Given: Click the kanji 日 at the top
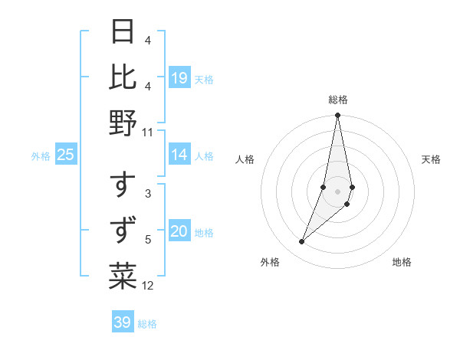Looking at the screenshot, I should tap(123, 32).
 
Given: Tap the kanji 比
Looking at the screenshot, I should tap(123, 77).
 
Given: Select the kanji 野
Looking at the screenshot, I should tap(123, 122).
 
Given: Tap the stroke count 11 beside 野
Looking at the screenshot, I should tap(147, 132).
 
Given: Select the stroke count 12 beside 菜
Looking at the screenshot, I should tap(148, 286).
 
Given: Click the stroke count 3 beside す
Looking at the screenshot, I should tap(148, 195).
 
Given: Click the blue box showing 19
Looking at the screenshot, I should tap(179, 78).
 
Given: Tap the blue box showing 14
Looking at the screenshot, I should tap(179, 155).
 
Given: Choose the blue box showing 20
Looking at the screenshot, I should tap(179, 232).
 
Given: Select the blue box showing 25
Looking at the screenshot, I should tap(66, 155).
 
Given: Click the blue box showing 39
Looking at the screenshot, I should tap(123, 322).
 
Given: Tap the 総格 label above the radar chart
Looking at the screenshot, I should tap(338, 100).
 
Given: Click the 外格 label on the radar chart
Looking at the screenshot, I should tap(270, 263).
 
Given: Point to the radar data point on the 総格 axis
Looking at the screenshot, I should tap(338, 116).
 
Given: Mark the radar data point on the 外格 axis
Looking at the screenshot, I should tap(301, 242).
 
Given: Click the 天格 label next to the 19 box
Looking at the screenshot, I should tap(205, 79).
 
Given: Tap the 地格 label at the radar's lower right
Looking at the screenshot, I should tap(402, 263).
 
